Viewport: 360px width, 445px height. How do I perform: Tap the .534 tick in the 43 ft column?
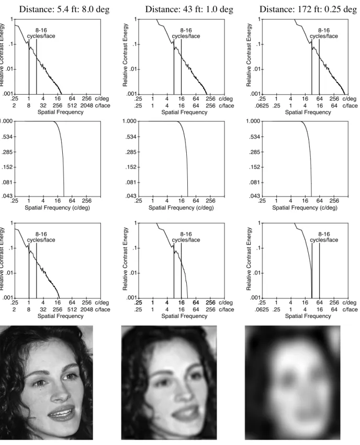click(130, 137)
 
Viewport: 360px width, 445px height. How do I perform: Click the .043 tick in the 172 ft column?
click(254, 196)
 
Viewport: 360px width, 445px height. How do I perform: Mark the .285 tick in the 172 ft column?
click(254, 152)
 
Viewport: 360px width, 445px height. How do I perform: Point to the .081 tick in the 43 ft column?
click(130, 182)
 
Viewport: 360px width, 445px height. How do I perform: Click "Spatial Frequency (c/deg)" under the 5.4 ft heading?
click(57, 208)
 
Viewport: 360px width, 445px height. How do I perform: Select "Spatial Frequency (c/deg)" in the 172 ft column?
click(305, 208)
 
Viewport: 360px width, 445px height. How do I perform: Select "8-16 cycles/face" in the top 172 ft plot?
click(324, 33)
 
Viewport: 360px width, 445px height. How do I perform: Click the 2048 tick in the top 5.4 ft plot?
click(86, 106)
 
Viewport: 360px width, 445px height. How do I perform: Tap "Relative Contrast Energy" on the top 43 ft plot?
click(125, 55)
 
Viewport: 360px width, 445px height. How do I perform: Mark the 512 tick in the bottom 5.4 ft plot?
click(72, 310)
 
